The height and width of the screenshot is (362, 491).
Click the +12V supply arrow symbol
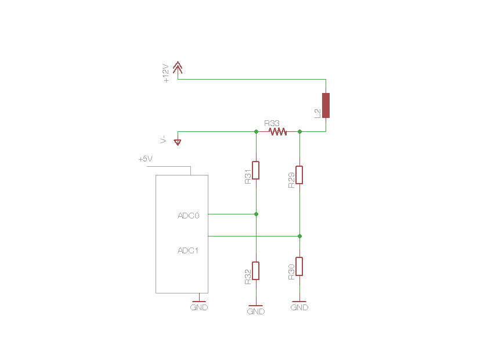pos(178,67)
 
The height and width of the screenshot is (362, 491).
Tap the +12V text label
pos(165,73)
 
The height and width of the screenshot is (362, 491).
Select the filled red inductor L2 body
pos(326,105)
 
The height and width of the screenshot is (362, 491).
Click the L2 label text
pos(317,113)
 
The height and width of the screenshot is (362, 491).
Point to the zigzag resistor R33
pos(278,132)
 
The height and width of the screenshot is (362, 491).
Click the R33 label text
pos(272,123)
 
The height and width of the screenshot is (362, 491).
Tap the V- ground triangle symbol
pos(178,142)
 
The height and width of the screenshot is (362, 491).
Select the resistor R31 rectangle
pos(256,170)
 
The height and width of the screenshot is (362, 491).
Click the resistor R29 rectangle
pos(299,175)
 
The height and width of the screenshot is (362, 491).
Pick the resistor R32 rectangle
pos(256,271)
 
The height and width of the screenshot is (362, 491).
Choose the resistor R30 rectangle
pos(299,266)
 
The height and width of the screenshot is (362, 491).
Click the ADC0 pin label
pos(188,216)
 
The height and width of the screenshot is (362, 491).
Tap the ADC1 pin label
pos(188,250)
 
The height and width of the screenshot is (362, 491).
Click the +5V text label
pos(146,159)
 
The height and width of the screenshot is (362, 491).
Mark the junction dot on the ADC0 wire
pos(256,214)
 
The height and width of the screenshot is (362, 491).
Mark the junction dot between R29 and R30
pos(299,236)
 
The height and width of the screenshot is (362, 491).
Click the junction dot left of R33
pos(256,132)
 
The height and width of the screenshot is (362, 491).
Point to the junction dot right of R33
pos(299,132)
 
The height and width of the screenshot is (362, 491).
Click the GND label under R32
pos(256,311)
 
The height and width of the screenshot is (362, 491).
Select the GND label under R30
pos(299,307)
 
